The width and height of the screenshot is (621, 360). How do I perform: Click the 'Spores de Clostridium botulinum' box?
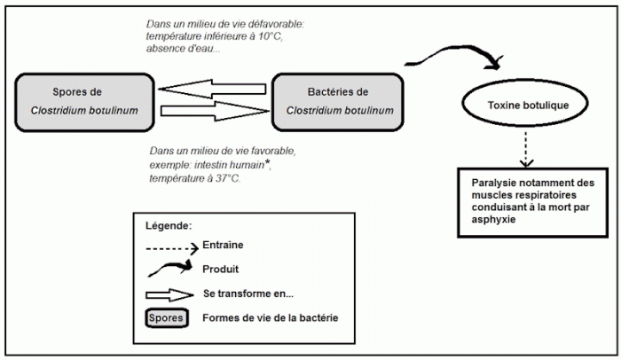[x=84, y=102]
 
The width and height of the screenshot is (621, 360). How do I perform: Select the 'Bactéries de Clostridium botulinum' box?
[x=338, y=102]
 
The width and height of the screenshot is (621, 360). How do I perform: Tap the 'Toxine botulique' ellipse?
[x=525, y=103]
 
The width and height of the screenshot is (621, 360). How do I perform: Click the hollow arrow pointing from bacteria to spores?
[x=212, y=89]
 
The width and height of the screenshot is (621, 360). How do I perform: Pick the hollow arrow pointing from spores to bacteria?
[x=215, y=111]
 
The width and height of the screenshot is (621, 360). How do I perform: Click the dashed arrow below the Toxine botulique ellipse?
[x=525, y=149]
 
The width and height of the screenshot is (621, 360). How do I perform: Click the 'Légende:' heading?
[x=169, y=226]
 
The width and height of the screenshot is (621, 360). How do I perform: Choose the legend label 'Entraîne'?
[x=223, y=245]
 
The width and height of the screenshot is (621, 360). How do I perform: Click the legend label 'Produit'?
[x=221, y=270]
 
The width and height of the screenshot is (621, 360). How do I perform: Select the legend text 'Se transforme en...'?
[x=248, y=293]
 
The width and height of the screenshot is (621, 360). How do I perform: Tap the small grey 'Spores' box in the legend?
[x=167, y=318]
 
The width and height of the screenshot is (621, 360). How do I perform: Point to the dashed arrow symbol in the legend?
[x=172, y=248]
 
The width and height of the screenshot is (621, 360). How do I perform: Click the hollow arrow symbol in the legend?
[x=169, y=295]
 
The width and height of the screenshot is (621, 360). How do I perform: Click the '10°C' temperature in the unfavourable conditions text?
[x=271, y=36]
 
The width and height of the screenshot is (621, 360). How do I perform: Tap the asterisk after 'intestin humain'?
[x=268, y=162]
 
